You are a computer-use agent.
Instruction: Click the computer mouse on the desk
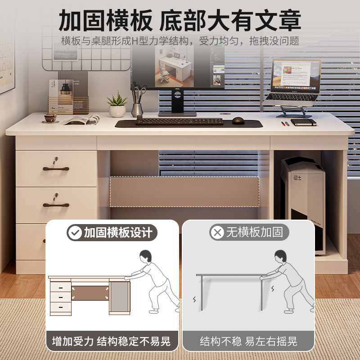[238, 121]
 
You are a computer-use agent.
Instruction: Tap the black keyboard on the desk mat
[179, 121]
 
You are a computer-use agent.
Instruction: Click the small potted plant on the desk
[117, 105]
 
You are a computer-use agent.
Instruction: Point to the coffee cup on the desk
[50, 118]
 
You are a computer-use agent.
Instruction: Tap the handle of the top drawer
[56, 168]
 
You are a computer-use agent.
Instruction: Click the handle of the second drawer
[56, 205]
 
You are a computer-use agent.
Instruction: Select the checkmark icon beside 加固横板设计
[74, 233]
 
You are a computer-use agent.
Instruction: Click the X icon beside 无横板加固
[218, 233]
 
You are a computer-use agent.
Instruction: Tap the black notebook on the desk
[303, 122]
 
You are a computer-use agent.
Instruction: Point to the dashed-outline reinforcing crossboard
[184, 191]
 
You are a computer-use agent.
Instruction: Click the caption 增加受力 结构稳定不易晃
[111, 341]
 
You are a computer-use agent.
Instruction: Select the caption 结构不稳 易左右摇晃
[248, 341]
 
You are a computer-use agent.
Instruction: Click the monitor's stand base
[177, 114]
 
